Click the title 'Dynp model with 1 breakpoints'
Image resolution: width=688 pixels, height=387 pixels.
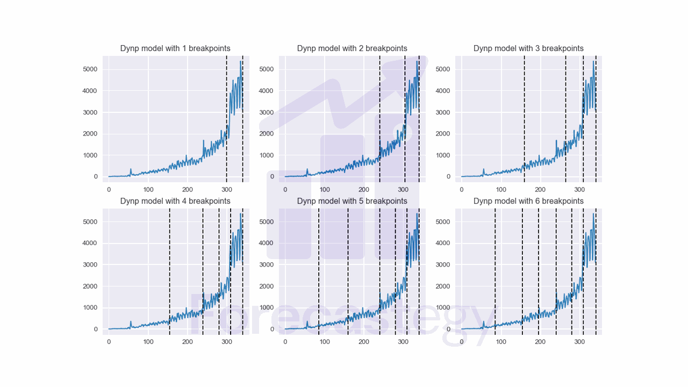175,48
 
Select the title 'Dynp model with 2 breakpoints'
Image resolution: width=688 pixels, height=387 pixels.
352,48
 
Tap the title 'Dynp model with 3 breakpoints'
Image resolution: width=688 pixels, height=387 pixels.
528,48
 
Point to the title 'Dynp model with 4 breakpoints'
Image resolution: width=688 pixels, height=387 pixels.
175,201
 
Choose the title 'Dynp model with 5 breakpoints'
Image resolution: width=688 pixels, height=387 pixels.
352,201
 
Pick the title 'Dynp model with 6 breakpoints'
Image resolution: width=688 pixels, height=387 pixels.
528,201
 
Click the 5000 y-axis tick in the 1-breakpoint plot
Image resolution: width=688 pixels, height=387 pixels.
89,69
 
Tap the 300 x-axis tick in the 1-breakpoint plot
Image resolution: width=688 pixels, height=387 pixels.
227,190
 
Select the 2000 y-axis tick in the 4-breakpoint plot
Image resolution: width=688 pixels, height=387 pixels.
89,286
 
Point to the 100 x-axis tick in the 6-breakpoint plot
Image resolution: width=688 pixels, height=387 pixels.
501,342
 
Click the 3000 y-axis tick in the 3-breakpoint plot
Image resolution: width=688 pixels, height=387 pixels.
442,112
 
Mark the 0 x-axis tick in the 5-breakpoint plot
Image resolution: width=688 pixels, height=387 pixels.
285,342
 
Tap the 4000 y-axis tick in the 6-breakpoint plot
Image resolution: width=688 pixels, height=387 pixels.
442,243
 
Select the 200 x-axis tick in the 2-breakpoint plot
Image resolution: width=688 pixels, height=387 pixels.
364,190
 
